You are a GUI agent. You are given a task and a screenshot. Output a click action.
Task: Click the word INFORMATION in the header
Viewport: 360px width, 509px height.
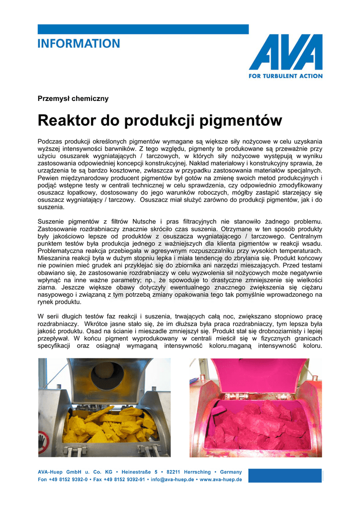point(79,44)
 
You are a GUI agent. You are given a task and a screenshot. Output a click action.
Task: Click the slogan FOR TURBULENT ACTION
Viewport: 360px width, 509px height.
point(285,76)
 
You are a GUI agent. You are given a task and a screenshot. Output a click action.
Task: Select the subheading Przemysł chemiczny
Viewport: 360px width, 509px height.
point(73,98)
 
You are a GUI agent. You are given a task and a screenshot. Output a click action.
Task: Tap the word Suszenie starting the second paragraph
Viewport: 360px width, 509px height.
point(53,221)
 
